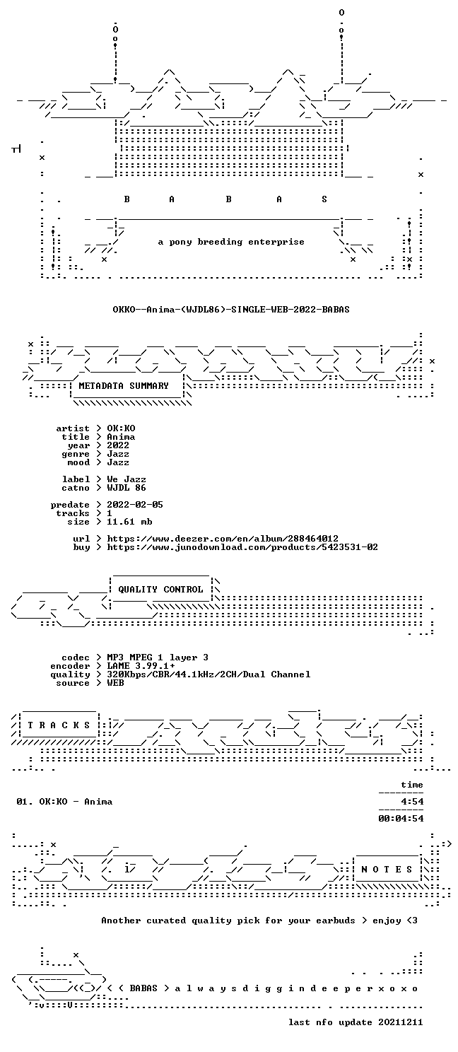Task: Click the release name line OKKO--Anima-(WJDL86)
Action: click(x=231, y=310)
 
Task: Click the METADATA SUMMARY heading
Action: click(x=124, y=385)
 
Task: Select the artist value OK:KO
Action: click(x=121, y=428)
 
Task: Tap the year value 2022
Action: click(x=118, y=445)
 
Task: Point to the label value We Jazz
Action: click(x=127, y=479)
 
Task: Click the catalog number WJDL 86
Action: click(x=127, y=488)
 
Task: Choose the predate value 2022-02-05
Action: click(x=135, y=504)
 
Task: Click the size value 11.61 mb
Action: click(x=129, y=521)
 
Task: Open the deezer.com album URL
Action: click(x=223, y=538)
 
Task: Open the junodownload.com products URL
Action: click(x=242, y=547)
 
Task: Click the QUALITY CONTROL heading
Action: click(x=160, y=590)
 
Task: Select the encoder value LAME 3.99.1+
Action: click(x=141, y=666)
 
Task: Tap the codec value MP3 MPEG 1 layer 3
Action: click(x=158, y=657)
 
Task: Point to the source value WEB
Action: click(x=115, y=683)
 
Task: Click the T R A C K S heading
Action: click(x=59, y=725)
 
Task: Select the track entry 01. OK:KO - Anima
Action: click(x=64, y=802)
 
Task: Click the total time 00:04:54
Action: click(x=401, y=819)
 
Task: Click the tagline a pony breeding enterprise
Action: click(x=231, y=242)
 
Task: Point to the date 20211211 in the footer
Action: click(x=401, y=1022)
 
